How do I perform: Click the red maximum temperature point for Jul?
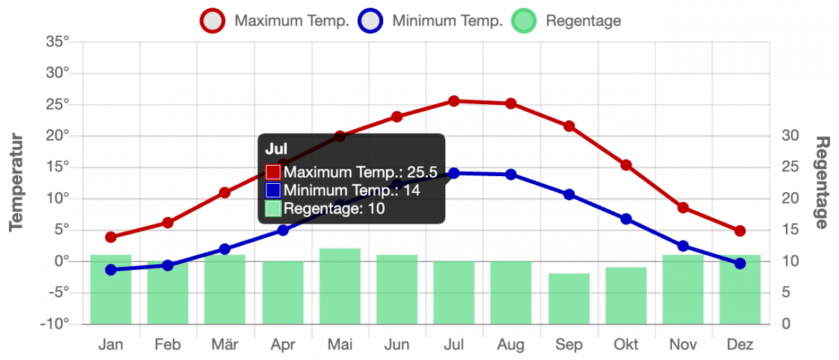click(x=454, y=101)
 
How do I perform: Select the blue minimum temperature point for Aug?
click(x=511, y=174)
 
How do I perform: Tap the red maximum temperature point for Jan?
click(x=110, y=237)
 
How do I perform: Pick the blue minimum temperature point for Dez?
click(x=740, y=263)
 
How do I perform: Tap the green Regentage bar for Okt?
click(x=626, y=295)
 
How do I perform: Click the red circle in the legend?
click(x=213, y=21)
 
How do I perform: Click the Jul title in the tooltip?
click(x=276, y=149)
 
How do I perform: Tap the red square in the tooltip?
click(x=273, y=172)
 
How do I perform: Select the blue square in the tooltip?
click(x=273, y=190)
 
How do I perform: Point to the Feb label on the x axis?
click(x=168, y=345)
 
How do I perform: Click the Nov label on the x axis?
click(x=682, y=345)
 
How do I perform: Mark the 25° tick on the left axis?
click(x=58, y=104)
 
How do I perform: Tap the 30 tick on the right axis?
click(x=789, y=135)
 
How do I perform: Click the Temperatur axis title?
click(x=15, y=183)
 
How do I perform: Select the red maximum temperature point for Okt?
click(x=626, y=165)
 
